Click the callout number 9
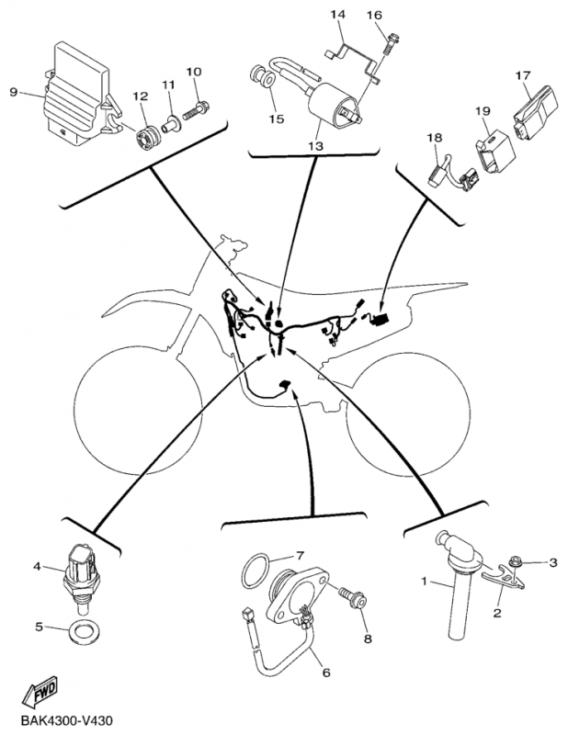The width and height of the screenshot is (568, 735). [x=13, y=91]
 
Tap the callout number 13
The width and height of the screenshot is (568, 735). [x=315, y=146]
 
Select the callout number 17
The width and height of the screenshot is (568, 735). [x=523, y=74]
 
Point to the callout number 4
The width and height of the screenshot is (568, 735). [x=38, y=566]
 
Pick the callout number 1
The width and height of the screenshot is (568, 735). [x=426, y=582]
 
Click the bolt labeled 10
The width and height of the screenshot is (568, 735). [x=199, y=109]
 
